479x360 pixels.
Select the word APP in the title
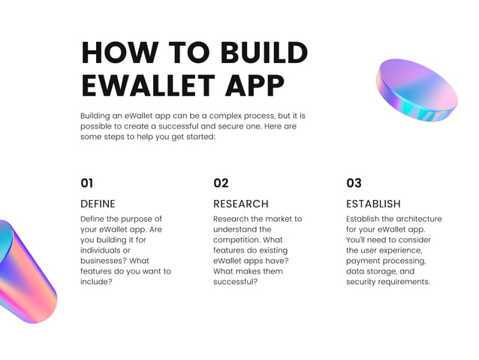point(255,86)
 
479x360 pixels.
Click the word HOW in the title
point(113,53)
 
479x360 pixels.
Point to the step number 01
point(87,183)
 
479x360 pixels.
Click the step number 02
point(221,183)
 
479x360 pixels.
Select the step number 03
point(354,183)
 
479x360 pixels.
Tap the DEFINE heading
point(98,204)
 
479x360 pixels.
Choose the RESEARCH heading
point(240,204)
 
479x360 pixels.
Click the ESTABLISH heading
point(373,204)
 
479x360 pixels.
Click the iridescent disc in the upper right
point(416,91)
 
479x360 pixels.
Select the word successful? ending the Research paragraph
point(236,282)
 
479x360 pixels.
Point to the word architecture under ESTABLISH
point(415,219)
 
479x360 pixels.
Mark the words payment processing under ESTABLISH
point(386,261)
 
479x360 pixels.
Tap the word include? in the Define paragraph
point(96,282)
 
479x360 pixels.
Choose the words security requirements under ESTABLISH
point(387,282)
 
